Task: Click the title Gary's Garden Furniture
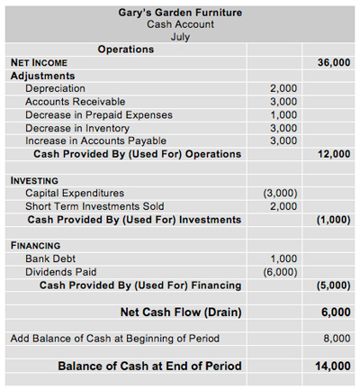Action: click(x=180, y=13)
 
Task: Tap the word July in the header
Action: click(x=180, y=37)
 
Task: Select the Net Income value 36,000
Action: click(x=334, y=63)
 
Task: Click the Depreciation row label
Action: click(x=55, y=89)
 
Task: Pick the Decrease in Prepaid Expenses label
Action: click(x=98, y=114)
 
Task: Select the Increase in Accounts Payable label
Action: click(x=95, y=141)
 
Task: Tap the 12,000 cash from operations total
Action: click(x=334, y=154)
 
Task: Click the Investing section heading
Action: click(x=34, y=180)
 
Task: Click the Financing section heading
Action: click(x=35, y=245)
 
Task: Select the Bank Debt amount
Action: click(x=283, y=258)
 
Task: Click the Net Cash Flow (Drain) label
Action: click(x=184, y=313)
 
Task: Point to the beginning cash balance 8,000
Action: click(x=336, y=339)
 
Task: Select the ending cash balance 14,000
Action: click(x=334, y=367)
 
